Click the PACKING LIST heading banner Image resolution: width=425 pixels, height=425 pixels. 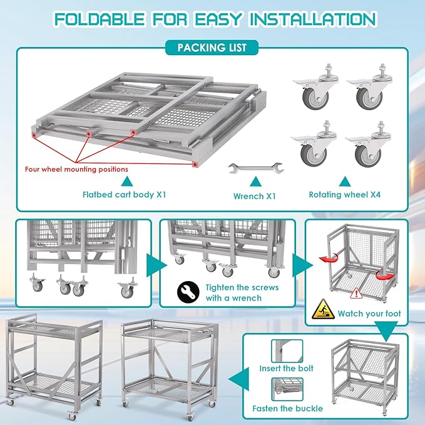(212, 47)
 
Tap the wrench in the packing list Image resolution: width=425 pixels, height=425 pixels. (255, 167)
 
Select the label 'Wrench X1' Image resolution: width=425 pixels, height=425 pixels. (255, 195)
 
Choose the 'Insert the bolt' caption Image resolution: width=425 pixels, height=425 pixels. (286, 369)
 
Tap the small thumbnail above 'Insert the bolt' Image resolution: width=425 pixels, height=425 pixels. (287, 350)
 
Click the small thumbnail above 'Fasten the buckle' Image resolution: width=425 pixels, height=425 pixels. (287, 389)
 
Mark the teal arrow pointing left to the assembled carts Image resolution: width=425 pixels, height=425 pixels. (237, 379)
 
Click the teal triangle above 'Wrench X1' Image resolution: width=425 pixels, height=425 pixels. (254, 182)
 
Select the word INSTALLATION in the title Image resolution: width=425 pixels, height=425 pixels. (312, 19)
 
